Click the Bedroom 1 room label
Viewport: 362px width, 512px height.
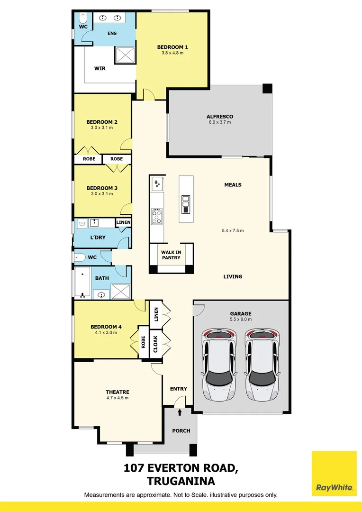[172, 47]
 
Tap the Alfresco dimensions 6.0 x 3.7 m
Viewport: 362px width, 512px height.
[219, 122]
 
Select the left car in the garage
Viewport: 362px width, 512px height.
[219, 364]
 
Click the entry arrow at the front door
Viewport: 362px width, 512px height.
[179, 412]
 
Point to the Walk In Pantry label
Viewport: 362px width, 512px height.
[171, 255]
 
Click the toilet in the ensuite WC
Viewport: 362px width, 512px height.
[82, 19]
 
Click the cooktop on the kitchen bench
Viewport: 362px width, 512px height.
[156, 217]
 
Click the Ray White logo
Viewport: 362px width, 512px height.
[334, 473]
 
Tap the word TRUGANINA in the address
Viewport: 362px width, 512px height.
[181, 481]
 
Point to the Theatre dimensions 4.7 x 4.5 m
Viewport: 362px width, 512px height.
[117, 398]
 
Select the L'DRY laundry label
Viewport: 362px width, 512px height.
[98, 237]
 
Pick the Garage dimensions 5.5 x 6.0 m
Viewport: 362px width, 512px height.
[241, 319]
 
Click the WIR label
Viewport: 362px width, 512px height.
[100, 68]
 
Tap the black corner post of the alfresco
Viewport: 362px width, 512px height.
[268, 89]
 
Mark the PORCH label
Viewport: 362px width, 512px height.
[181, 430]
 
